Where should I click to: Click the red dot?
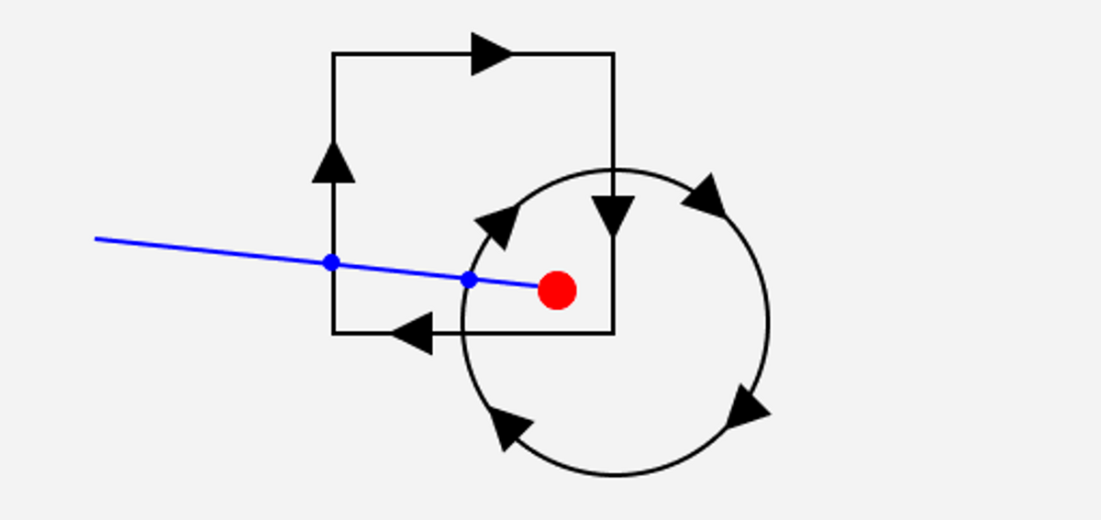557,290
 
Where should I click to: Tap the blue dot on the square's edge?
332,262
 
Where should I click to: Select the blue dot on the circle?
469,280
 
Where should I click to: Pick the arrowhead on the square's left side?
333,163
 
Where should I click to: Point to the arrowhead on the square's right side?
613,215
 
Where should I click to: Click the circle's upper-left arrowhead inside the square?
499,224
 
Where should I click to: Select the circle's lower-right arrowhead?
747,409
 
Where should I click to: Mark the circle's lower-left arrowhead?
509,426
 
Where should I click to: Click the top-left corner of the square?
333,54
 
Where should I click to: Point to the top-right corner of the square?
613,54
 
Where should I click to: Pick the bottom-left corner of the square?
333,333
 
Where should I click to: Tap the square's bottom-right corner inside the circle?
613,333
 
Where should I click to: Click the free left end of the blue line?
96,238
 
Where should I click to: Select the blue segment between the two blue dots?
400,271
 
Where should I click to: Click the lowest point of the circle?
616,475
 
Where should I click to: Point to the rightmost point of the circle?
768,323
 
